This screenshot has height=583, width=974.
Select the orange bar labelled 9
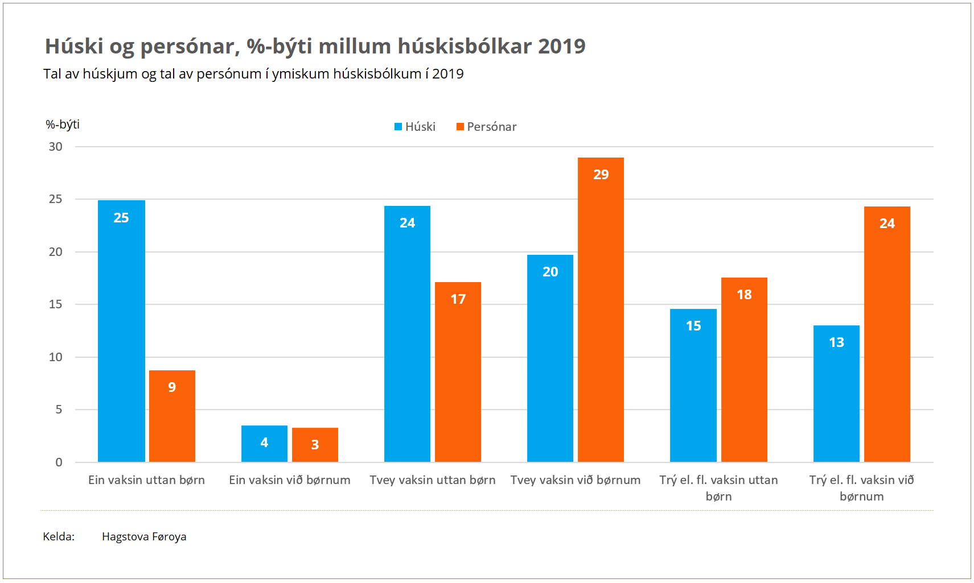[172, 416]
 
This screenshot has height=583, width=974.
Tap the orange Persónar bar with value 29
[601, 309]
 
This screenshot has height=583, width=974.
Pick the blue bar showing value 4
[264, 444]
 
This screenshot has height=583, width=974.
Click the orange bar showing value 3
[315, 445]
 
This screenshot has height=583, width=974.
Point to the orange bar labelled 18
[744, 370]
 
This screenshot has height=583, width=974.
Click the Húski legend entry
[415, 127]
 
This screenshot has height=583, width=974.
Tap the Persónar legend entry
[487, 127]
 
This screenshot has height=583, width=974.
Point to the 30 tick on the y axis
[56, 147]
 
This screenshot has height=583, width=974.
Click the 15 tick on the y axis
[56, 304]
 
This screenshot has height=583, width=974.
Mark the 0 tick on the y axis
[59, 462]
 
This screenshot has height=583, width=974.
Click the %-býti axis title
[63, 125]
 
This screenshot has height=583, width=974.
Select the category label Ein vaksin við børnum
[290, 480]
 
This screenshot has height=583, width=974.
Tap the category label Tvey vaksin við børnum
[576, 480]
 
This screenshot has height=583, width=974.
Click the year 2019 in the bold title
[561, 46]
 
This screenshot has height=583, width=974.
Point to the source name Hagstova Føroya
[144, 536]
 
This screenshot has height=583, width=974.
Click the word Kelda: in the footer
[59, 536]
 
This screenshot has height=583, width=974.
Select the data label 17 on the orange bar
[458, 299]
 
